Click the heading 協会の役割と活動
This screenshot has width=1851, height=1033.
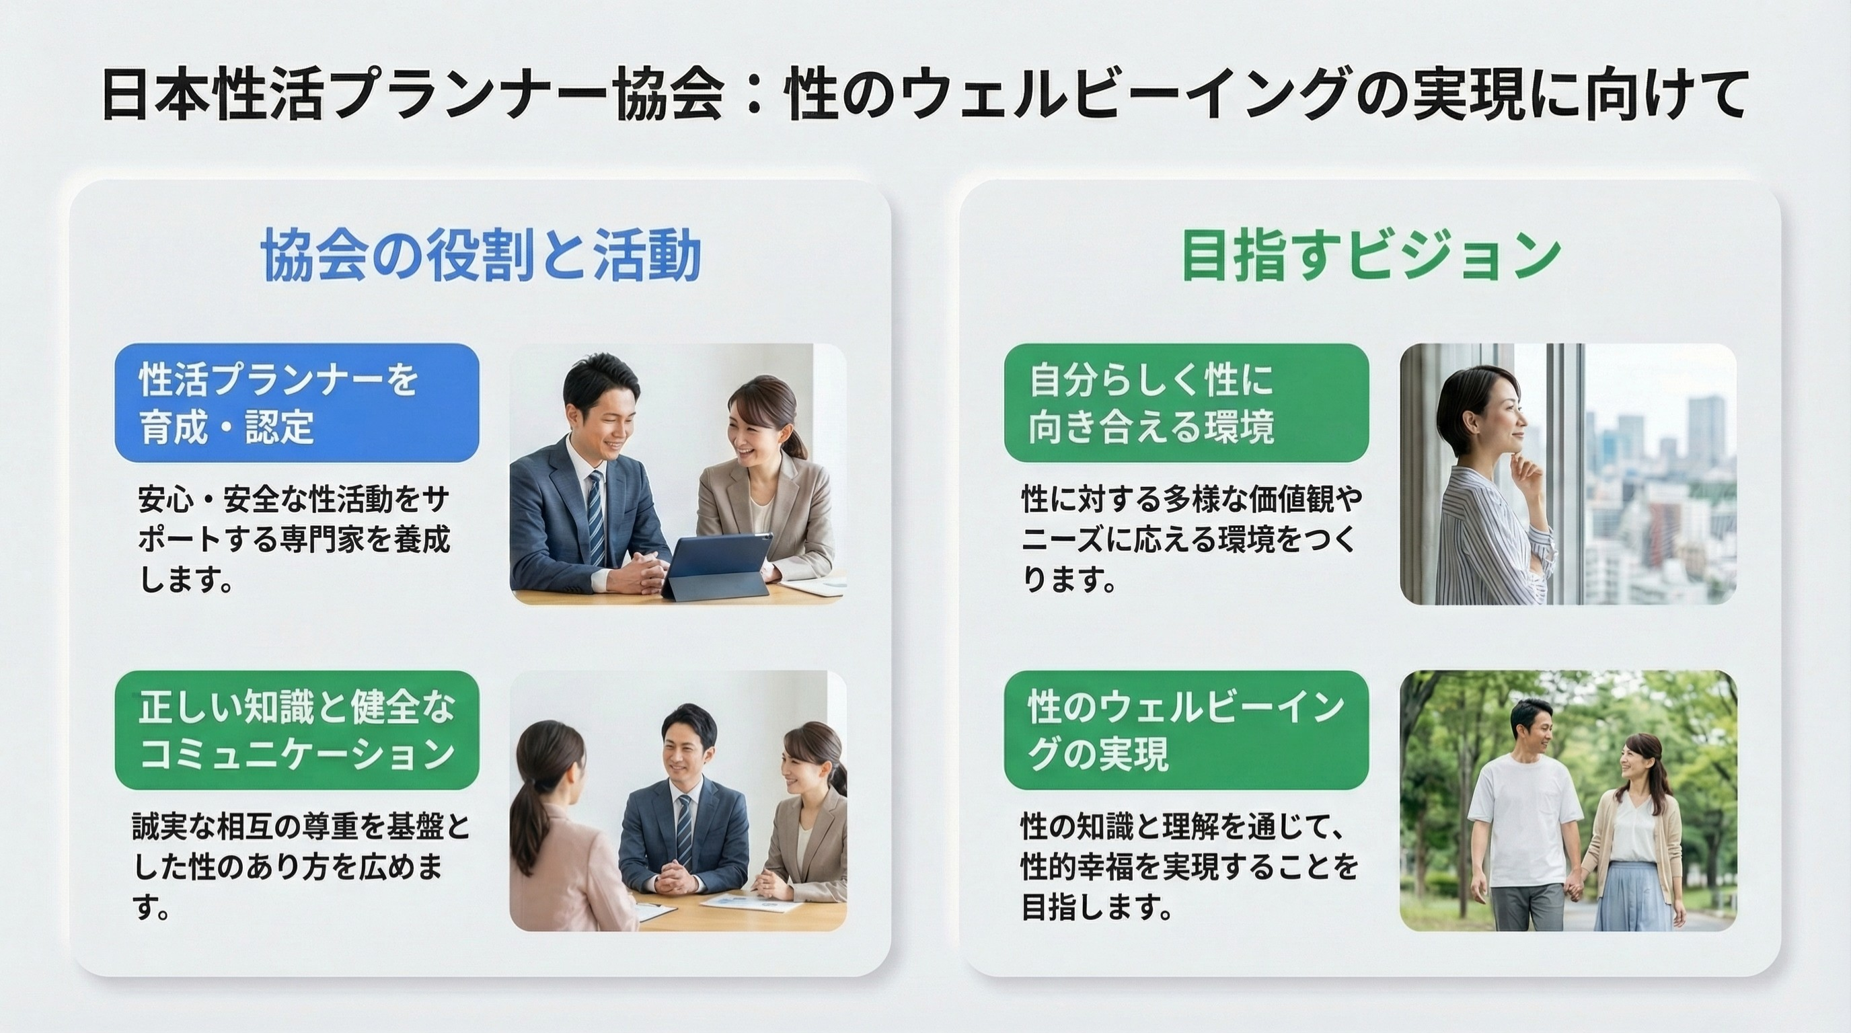(x=480, y=256)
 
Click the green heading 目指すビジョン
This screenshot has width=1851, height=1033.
(x=1370, y=256)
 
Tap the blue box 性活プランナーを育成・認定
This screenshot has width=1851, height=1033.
(x=297, y=402)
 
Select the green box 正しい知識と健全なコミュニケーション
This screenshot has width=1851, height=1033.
(x=297, y=730)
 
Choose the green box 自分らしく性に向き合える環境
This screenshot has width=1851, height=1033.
(x=1186, y=402)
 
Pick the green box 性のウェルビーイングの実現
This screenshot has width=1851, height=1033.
(x=1186, y=730)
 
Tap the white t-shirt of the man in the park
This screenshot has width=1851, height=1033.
(x=1523, y=819)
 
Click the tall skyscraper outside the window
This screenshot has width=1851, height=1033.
(x=1704, y=431)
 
